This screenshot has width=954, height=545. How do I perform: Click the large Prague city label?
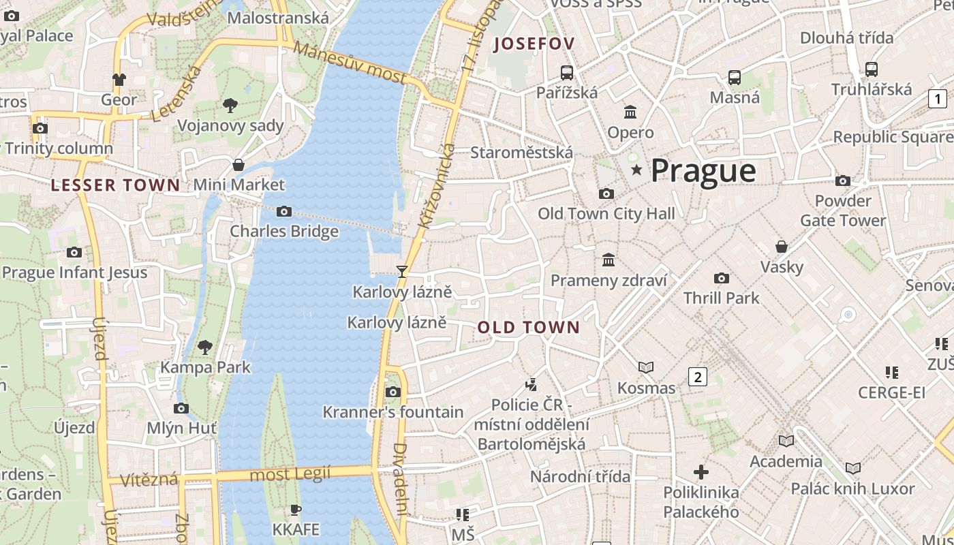pos(703,170)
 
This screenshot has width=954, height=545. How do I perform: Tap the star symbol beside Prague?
pos(636,170)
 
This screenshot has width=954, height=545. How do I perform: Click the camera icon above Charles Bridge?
pos(284,212)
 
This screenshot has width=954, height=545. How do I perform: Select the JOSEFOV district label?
pos(535,44)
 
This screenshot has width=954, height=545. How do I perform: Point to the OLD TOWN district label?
pos(528,328)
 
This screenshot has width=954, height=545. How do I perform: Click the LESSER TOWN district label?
pos(116,185)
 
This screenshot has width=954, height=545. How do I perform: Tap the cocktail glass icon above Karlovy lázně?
pos(402,272)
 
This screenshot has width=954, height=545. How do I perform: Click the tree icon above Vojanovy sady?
pos(230,106)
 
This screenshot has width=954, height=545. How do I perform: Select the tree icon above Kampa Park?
pos(205,347)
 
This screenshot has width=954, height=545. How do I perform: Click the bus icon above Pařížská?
pos(566,72)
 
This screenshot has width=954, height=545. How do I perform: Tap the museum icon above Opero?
pos(630,112)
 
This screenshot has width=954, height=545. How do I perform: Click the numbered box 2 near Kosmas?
pos(698,376)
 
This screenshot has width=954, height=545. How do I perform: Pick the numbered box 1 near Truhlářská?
pos(938,99)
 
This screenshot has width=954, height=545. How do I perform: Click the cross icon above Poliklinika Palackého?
pos(701,471)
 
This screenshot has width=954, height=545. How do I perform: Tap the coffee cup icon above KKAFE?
pos(295,510)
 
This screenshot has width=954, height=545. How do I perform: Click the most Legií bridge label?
pos(290,473)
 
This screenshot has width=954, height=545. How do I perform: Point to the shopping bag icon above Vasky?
pos(782,247)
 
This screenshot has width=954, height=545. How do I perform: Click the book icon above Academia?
pos(786,441)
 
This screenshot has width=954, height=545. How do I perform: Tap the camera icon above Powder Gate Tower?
pos(843,181)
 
